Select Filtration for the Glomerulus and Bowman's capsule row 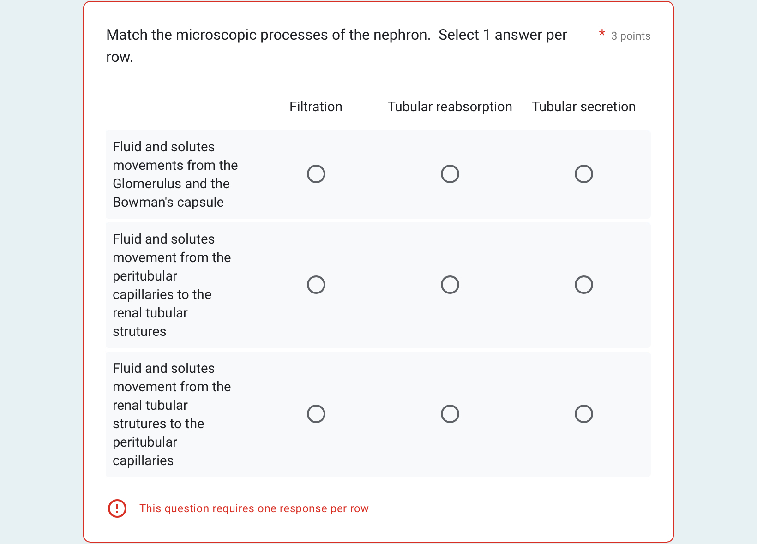click(x=316, y=174)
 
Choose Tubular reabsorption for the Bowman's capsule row click(x=450, y=174)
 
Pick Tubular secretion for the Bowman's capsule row click(x=584, y=174)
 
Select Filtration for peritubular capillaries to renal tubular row click(x=316, y=285)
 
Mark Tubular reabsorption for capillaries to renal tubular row click(x=450, y=285)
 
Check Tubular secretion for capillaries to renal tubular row click(x=584, y=285)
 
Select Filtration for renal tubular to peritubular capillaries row click(x=316, y=414)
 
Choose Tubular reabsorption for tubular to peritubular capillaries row click(x=450, y=414)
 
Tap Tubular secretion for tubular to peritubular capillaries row click(x=584, y=414)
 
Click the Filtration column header click(x=316, y=107)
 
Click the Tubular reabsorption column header click(x=450, y=107)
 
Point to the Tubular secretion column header click(x=583, y=107)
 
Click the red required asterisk click(x=602, y=34)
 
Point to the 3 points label click(x=631, y=36)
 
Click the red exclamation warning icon click(x=117, y=508)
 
